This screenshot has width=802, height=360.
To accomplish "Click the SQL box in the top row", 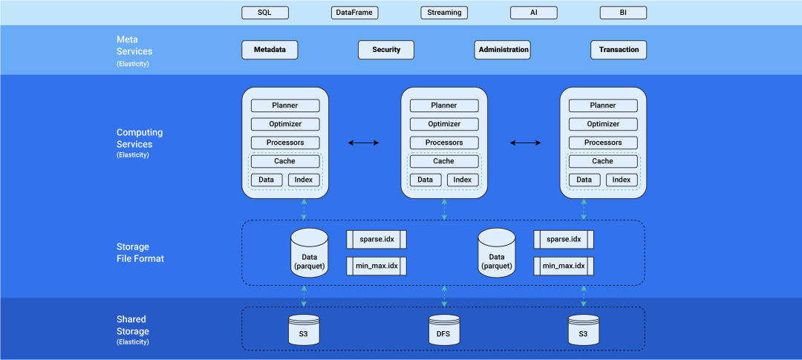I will click(265, 13).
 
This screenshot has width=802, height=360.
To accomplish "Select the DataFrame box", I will click(354, 13).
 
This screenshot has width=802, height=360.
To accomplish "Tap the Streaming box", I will click(444, 13).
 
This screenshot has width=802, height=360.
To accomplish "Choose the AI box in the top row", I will click(533, 13).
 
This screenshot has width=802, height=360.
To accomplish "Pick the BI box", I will click(622, 13).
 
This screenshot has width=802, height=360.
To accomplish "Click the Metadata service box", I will click(270, 50).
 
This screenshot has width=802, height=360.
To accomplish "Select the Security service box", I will click(386, 50).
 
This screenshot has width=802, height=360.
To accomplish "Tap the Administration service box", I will click(503, 50).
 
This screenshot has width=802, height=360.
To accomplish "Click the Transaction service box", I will click(619, 50).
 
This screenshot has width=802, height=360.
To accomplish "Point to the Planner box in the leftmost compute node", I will click(285, 105).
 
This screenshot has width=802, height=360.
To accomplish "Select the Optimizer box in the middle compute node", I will click(444, 124).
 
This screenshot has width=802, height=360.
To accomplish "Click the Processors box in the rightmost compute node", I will click(603, 143).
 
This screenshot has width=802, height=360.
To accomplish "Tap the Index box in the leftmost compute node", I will click(304, 180).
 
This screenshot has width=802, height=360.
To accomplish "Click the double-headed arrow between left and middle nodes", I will click(365, 142).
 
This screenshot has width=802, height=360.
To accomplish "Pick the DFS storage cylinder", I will click(444, 330).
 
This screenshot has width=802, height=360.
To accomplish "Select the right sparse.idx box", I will click(564, 239).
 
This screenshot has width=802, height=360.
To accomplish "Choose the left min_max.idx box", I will click(376, 266).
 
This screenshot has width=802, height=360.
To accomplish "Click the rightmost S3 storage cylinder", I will click(583, 330).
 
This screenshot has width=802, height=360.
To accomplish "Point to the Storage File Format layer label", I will click(140, 252).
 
